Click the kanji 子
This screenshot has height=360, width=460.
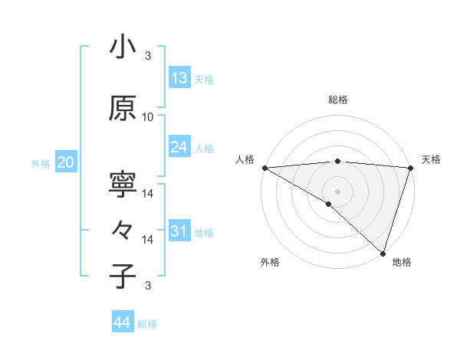tap(123, 276)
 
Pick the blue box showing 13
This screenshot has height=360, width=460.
tap(179, 78)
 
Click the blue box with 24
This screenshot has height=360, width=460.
tap(179, 147)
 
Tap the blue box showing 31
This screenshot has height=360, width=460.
tap(179, 231)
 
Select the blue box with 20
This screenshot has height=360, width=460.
tap(66, 162)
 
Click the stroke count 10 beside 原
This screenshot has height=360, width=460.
tap(148, 117)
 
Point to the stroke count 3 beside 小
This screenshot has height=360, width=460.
tap(148, 56)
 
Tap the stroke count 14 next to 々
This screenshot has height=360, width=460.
tap(148, 240)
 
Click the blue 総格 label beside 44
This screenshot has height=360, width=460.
tap(147, 324)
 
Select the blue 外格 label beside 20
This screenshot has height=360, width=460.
tap(41, 164)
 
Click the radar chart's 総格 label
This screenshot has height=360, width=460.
tap(337, 100)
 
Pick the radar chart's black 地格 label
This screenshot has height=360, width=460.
tap(402, 262)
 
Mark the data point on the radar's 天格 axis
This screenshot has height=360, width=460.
tap(410, 167)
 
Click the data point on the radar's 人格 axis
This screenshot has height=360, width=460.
tap(264, 167)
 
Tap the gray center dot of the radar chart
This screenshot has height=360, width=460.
tap(337, 191)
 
